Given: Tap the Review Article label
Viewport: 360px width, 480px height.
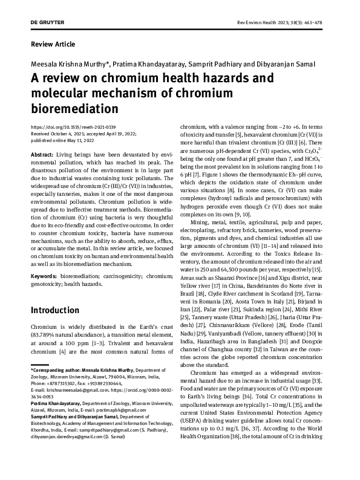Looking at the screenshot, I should coord(53,44).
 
